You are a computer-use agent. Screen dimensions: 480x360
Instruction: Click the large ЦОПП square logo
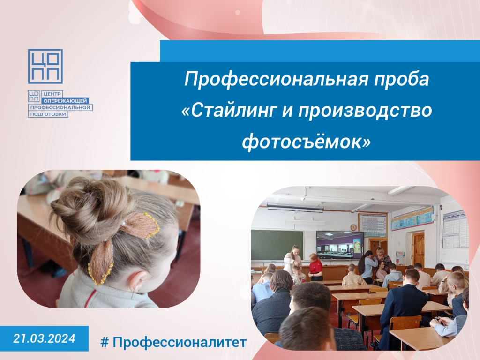45,67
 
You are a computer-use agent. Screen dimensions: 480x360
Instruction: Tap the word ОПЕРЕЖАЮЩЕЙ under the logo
65,101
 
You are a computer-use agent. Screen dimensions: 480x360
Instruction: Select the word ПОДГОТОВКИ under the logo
48,114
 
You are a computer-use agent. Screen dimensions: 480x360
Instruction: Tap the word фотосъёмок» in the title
307,142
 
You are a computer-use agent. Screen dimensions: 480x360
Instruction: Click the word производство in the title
365,111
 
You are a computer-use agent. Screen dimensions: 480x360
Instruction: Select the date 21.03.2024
44,338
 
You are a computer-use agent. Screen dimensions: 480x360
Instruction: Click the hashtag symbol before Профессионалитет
105,342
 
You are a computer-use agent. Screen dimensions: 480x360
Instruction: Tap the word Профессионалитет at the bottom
180,342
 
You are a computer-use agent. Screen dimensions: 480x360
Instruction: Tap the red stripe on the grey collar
90,298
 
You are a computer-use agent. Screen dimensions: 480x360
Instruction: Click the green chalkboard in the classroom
277,245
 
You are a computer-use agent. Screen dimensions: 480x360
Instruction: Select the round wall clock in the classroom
353,228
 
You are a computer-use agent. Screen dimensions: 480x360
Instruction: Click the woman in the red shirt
315,267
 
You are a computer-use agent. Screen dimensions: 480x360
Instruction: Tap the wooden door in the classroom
418,249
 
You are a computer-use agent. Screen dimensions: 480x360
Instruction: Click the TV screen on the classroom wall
340,244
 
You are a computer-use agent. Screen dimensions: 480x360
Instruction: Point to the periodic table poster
373,225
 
